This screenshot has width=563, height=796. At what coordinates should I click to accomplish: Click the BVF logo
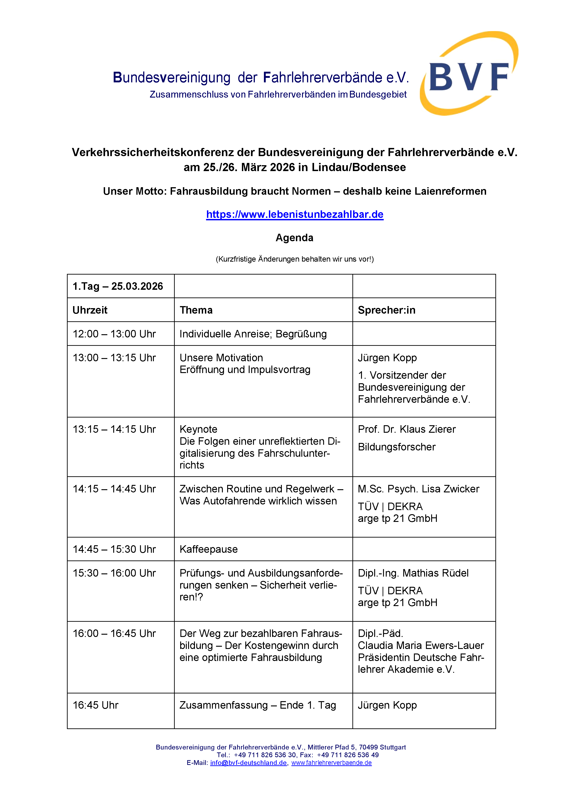[469, 74]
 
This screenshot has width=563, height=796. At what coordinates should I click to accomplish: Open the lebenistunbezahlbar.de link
[295, 215]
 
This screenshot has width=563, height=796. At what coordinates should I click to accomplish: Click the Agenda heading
[294, 238]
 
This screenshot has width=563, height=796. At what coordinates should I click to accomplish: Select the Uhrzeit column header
[90, 310]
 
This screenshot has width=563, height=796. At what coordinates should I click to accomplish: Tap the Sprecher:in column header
[386, 310]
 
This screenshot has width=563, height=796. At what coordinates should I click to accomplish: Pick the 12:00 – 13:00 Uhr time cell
[114, 334]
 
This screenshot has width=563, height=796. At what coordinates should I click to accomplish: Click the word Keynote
[198, 429]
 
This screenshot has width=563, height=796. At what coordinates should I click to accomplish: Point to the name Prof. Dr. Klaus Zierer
[407, 429]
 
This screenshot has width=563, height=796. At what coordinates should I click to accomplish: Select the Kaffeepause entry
[209, 549]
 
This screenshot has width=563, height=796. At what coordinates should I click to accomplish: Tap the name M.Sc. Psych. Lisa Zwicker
[418, 489]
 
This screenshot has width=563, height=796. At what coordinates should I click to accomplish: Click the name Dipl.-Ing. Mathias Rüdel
[413, 573]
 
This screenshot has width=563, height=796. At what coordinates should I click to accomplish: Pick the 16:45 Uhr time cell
[96, 705]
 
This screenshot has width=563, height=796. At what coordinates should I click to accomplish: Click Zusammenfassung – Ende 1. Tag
[258, 705]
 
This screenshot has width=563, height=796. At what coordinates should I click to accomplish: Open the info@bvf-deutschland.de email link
[248, 763]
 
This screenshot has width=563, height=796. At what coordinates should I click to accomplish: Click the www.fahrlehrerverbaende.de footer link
[331, 763]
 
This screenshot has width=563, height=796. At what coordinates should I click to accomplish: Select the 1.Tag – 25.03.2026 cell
[118, 286]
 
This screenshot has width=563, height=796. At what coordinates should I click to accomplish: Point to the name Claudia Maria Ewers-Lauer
[420, 646]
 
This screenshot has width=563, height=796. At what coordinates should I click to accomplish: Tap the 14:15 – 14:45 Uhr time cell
[114, 489]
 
